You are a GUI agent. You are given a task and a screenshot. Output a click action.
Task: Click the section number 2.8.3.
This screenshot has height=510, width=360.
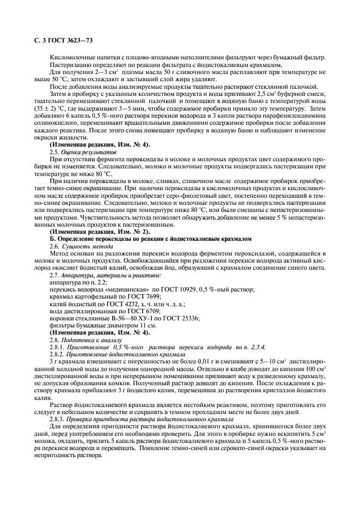58,418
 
